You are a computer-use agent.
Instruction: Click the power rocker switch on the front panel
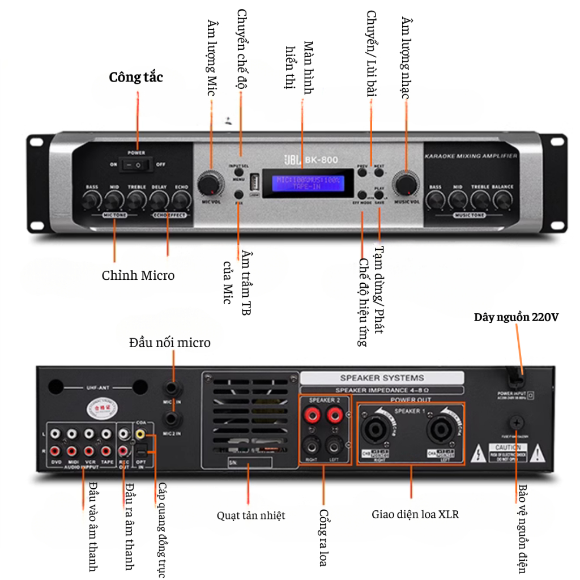coord(137,165)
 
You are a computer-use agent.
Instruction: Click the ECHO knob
coord(181,200)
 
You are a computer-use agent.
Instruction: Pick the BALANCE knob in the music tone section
coord(502,200)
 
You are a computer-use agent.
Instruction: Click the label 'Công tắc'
coord(136,77)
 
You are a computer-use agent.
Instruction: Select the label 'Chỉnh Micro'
coord(138,276)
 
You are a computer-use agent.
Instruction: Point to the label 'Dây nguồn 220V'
coord(517,317)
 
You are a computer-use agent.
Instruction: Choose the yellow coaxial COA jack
coord(140,434)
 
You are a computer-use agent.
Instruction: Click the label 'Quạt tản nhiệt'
coord(251,515)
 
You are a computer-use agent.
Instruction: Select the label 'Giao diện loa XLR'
coord(415,515)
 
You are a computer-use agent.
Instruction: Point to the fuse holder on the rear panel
coord(517,423)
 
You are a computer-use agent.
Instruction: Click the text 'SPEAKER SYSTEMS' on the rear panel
coord(382,378)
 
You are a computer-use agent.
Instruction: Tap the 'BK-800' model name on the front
coord(321,160)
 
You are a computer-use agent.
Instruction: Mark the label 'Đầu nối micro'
coord(169,343)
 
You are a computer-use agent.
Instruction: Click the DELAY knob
coord(159,200)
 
